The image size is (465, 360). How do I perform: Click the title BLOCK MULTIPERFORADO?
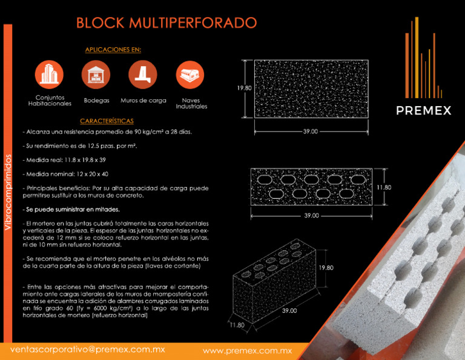point(166,23)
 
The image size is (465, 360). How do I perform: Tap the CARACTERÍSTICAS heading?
point(107,121)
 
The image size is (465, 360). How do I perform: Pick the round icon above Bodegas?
point(96,75)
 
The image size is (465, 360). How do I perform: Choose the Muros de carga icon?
point(143,75)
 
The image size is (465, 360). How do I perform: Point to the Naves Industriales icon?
point(190,75)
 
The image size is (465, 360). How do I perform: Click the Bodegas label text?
point(96,101)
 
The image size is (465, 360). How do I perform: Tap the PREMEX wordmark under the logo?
point(424,110)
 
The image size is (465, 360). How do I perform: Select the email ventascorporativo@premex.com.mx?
point(88,350)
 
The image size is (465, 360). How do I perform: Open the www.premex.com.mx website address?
point(247,350)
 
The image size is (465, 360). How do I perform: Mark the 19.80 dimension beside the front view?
point(244,88)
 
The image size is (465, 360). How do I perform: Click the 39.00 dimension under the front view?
point(310,132)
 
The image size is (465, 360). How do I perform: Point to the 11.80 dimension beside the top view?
point(384,188)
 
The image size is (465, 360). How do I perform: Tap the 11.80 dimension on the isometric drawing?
point(237,325)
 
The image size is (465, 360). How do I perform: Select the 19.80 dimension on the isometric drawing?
point(326,267)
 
